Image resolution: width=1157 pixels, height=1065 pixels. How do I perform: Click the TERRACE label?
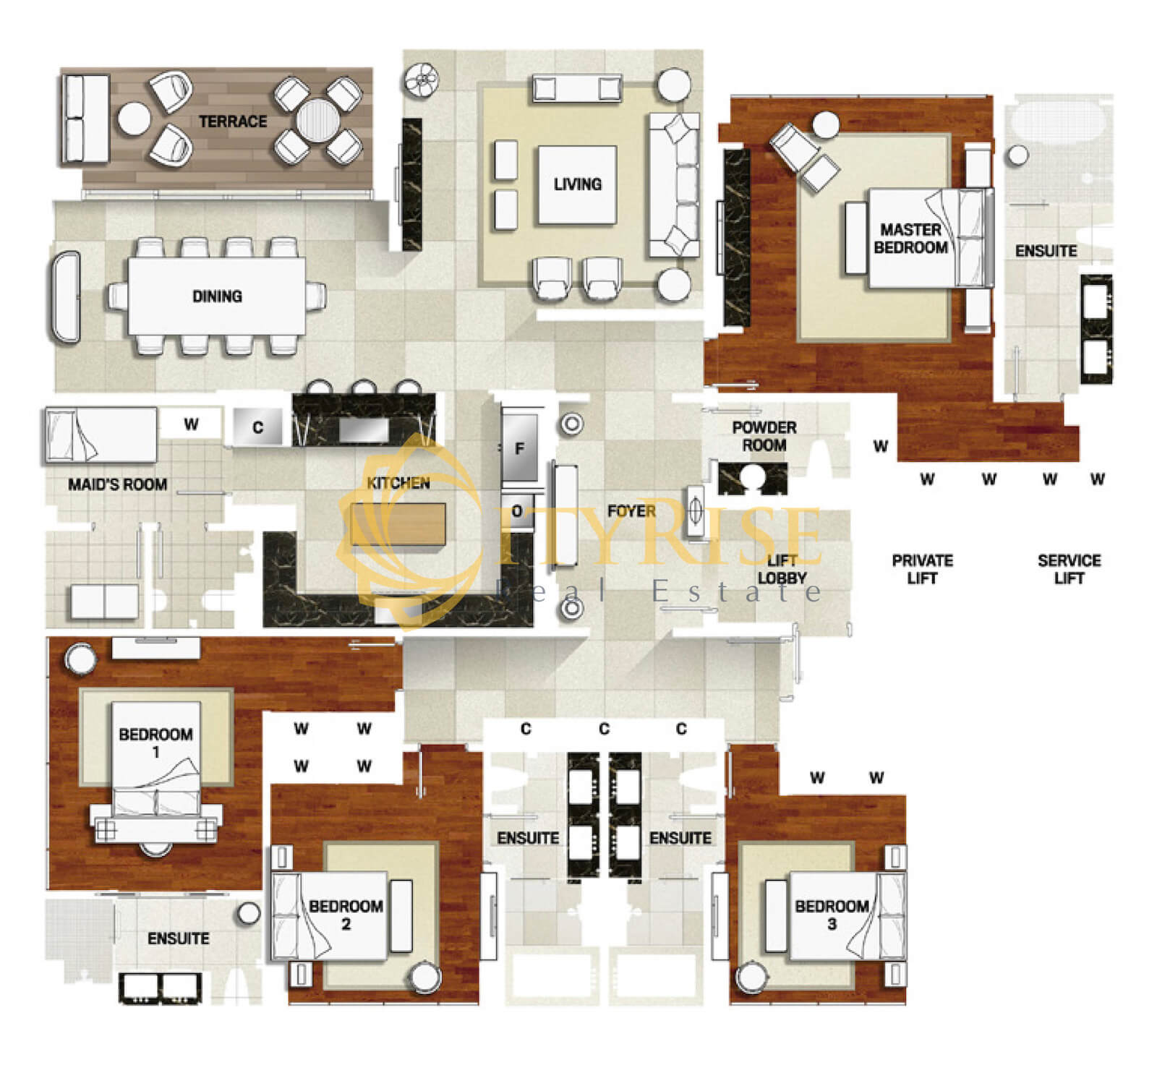(233, 121)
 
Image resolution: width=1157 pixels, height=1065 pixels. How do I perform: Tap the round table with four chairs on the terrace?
(317, 120)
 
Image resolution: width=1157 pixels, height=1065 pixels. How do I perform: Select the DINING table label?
(217, 296)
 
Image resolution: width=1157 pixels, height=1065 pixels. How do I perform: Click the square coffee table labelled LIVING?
(577, 184)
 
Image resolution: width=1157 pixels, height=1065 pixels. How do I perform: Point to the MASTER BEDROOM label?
(910, 239)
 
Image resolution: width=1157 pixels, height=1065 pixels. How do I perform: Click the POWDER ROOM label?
(764, 437)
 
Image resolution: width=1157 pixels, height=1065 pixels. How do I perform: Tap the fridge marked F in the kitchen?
(520, 448)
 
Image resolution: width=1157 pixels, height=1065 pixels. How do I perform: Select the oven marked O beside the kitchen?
(518, 511)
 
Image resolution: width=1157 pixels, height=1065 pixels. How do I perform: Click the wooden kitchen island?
(398, 524)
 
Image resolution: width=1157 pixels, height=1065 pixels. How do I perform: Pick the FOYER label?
(632, 511)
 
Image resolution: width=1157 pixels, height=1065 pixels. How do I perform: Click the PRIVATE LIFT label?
(922, 569)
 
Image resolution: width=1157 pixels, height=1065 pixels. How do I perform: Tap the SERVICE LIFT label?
(1069, 569)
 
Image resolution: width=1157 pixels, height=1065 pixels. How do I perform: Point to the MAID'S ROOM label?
(117, 484)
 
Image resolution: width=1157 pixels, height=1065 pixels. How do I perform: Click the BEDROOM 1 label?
(155, 743)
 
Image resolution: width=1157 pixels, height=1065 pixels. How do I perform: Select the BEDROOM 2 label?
(346, 915)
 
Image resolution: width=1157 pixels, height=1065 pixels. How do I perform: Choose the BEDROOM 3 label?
(832, 915)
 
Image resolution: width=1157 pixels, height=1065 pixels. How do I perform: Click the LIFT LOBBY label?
(782, 569)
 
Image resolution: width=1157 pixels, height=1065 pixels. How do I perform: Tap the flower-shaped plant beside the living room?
(421, 80)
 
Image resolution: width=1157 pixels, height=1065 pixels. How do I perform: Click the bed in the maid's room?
(101, 435)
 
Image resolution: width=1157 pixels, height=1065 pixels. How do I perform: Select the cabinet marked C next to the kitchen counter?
(258, 427)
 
